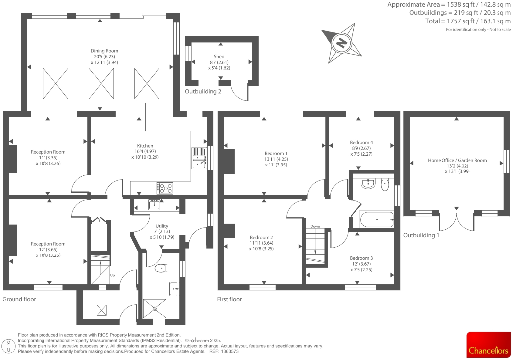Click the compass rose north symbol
pos(342,43)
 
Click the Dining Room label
pos(104,51)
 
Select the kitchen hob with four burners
pos(165,188)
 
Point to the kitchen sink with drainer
pos(199,158)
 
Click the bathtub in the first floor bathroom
pos(377,220)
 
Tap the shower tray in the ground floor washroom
pos(155,309)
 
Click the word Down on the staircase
pos(315,226)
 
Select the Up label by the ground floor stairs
pos(112,275)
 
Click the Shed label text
pos(219,56)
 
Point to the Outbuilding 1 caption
pos(421,235)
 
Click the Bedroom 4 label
pos(361,142)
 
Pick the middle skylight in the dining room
pos(101,83)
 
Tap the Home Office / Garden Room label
pos(457,160)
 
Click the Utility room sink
pos(154,205)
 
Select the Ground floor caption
pos(19,299)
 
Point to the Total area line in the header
pos(468,21)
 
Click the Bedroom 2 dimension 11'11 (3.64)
pos(261,243)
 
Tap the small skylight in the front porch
pos(101,310)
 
